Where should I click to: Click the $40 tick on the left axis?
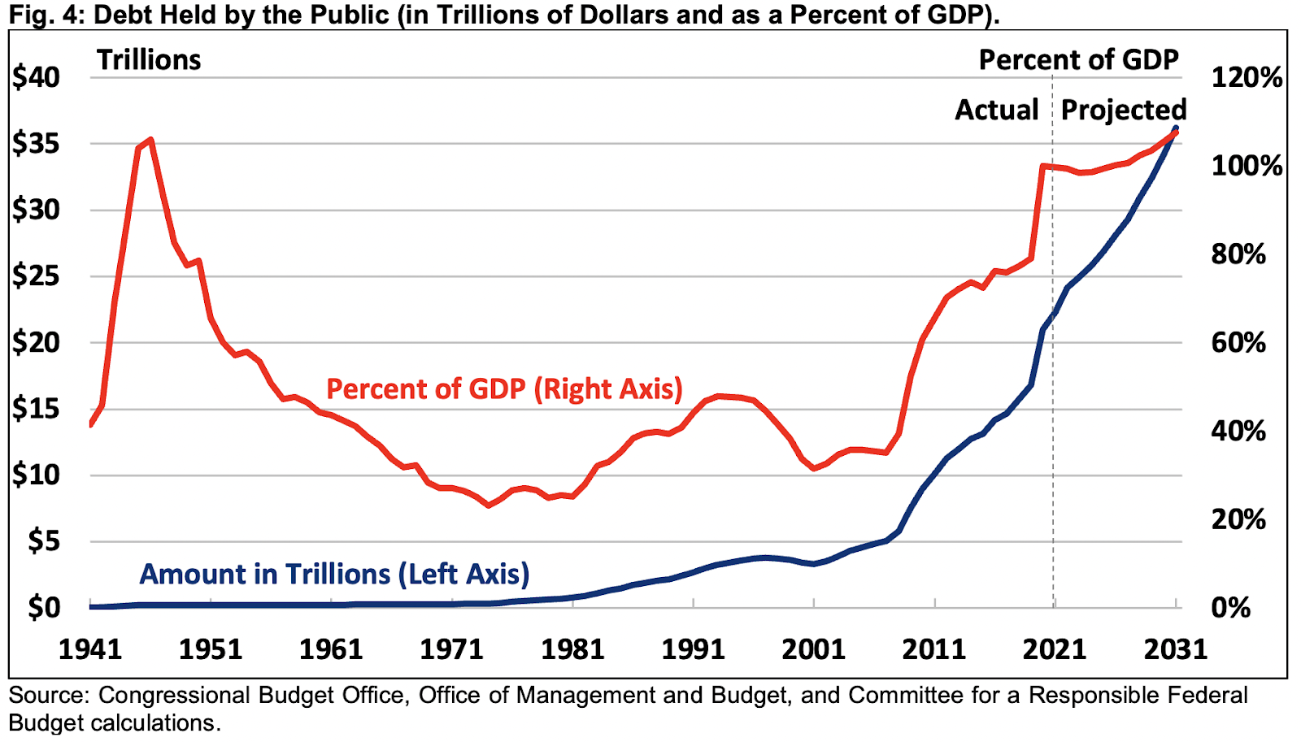(x=37, y=78)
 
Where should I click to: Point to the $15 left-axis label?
(x=37, y=409)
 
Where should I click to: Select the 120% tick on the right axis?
(x=1246, y=78)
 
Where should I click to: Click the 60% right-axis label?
(x=1238, y=343)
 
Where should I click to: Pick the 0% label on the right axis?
(x=1231, y=607)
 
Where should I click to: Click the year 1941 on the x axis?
(x=90, y=649)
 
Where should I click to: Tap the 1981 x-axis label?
(x=572, y=649)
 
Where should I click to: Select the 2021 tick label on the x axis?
(x=1054, y=649)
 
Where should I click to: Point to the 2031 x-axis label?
(x=1175, y=649)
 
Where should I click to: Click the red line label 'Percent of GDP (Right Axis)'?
(x=504, y=388)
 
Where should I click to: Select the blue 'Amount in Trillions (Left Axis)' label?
(x=334, y=574)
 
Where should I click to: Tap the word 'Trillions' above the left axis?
(x=149, y=60)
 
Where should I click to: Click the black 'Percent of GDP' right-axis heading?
(x=1078, y=60)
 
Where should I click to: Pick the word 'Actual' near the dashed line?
(x=997, y=110)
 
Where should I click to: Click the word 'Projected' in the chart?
(x=1124, y=110)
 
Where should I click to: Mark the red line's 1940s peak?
(x=150, y=140)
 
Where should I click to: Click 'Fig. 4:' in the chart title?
(x=41, y=15)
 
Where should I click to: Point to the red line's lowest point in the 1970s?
(x=489, y=506)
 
